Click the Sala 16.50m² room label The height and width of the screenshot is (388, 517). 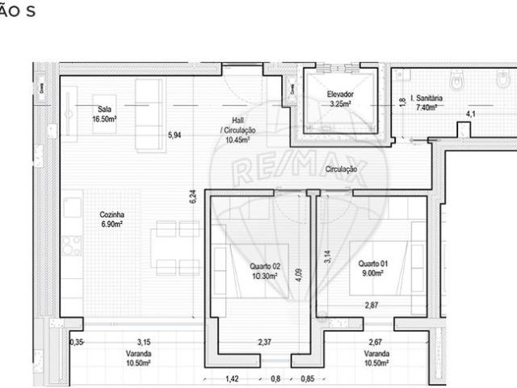104,113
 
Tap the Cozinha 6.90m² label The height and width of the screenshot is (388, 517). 111,219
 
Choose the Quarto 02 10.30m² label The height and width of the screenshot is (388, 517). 264,271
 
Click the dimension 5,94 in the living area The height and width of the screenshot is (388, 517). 174,135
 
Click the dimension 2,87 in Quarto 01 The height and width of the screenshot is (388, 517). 372,305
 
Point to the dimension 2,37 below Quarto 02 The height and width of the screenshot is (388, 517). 264,342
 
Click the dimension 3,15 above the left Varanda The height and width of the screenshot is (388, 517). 144,342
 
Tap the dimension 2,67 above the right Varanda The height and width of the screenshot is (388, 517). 376,342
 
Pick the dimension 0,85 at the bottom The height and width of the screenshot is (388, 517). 307,377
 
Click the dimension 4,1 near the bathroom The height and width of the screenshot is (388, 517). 469,114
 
